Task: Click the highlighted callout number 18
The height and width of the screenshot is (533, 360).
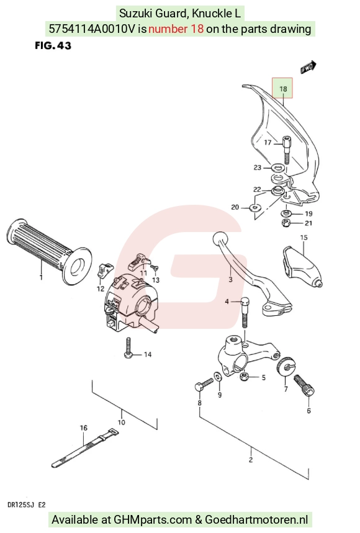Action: pos(283,89)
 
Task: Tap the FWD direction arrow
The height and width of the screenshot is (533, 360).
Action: pos(308,67)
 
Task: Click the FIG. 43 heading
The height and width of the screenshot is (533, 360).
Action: pos(53,45)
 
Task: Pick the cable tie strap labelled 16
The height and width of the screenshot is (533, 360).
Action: pos(85,448)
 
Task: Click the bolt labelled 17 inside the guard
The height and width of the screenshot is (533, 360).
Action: pos(287,150)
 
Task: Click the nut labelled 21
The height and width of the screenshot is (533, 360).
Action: pos(286,223)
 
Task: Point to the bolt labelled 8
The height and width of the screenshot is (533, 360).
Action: pos(204,384)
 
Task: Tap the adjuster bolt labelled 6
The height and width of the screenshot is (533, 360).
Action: pos(304,385)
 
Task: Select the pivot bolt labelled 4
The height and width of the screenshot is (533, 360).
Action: pos(245,312)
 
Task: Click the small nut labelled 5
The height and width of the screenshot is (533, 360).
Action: pos(243,377)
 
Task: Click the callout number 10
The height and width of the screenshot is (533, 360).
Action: pos(122,422)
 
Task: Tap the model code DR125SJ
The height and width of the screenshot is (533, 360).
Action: pos(21,505)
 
